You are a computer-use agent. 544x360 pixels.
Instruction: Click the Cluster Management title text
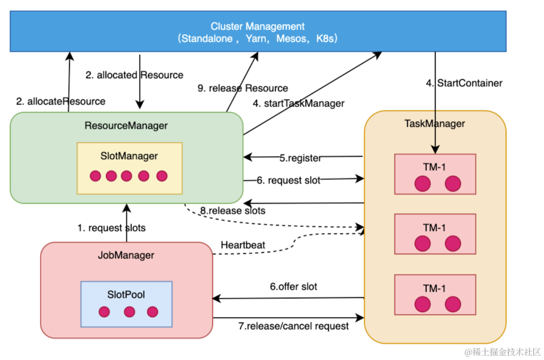tap(257, 26)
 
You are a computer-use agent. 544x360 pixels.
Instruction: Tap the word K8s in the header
tap(326, 39)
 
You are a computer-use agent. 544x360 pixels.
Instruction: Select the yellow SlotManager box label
tap(129, 156)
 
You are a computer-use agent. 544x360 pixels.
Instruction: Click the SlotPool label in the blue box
tap(126, 294)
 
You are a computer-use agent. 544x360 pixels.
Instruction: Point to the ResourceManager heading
tap(126, 126)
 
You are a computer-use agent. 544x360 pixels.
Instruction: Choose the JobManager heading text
tap(126, 255)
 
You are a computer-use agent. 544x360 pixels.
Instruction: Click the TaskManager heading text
tap(434, 124)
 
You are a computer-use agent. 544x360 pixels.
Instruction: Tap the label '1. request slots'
tap(111, 228)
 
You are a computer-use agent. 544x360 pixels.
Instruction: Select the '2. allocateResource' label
tap(61, 101)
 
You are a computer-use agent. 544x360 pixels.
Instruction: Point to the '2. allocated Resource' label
tap(134, 75)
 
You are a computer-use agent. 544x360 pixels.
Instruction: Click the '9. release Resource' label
tap(243, 88)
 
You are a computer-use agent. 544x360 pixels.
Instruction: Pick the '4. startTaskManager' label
tap(299, 103)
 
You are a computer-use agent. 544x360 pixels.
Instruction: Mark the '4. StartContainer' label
tap(464, 83)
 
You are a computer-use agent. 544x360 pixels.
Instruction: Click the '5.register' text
tap(300, 158)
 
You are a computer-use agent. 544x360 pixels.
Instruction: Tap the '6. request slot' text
tap(289, 180)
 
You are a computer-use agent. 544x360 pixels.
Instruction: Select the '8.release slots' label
tap(233, 211)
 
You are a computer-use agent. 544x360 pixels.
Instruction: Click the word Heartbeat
tap(243, 245)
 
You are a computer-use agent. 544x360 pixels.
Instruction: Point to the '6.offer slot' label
tap(294, 287)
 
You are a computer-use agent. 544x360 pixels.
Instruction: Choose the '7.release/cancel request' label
tap(294, 326)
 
